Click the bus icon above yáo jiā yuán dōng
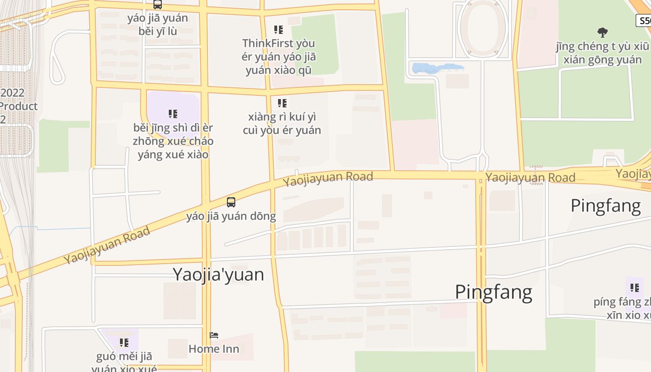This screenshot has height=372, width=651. pos(231,202)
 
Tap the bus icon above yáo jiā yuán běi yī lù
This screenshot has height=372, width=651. pos(158,5)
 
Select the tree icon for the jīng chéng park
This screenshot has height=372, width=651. pos(603,33)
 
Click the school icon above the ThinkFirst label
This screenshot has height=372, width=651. pos(279,30)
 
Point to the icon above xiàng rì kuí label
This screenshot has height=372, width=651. pos(282,103)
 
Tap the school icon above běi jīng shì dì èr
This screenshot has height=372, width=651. pos(173,114)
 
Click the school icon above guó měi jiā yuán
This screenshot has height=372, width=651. pos(124,343)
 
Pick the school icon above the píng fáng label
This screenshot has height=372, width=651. pos(635,288)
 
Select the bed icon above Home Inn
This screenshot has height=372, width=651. pos(214,335)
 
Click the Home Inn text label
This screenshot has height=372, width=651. pos(214,349)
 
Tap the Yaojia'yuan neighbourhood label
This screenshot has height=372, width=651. pos(218,274)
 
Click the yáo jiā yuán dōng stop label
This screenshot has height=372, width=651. pos(231,216)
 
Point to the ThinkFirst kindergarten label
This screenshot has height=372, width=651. pos(279,57)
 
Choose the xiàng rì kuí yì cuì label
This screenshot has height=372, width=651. pos(282,123)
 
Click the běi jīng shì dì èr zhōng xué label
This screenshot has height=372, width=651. pos(173,141)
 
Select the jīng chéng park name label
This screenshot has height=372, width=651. pos(603,53)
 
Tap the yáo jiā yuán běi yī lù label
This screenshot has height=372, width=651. pos(158,25)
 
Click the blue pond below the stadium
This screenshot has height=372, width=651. pos(437,68)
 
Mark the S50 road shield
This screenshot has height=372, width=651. pos(644,20)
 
